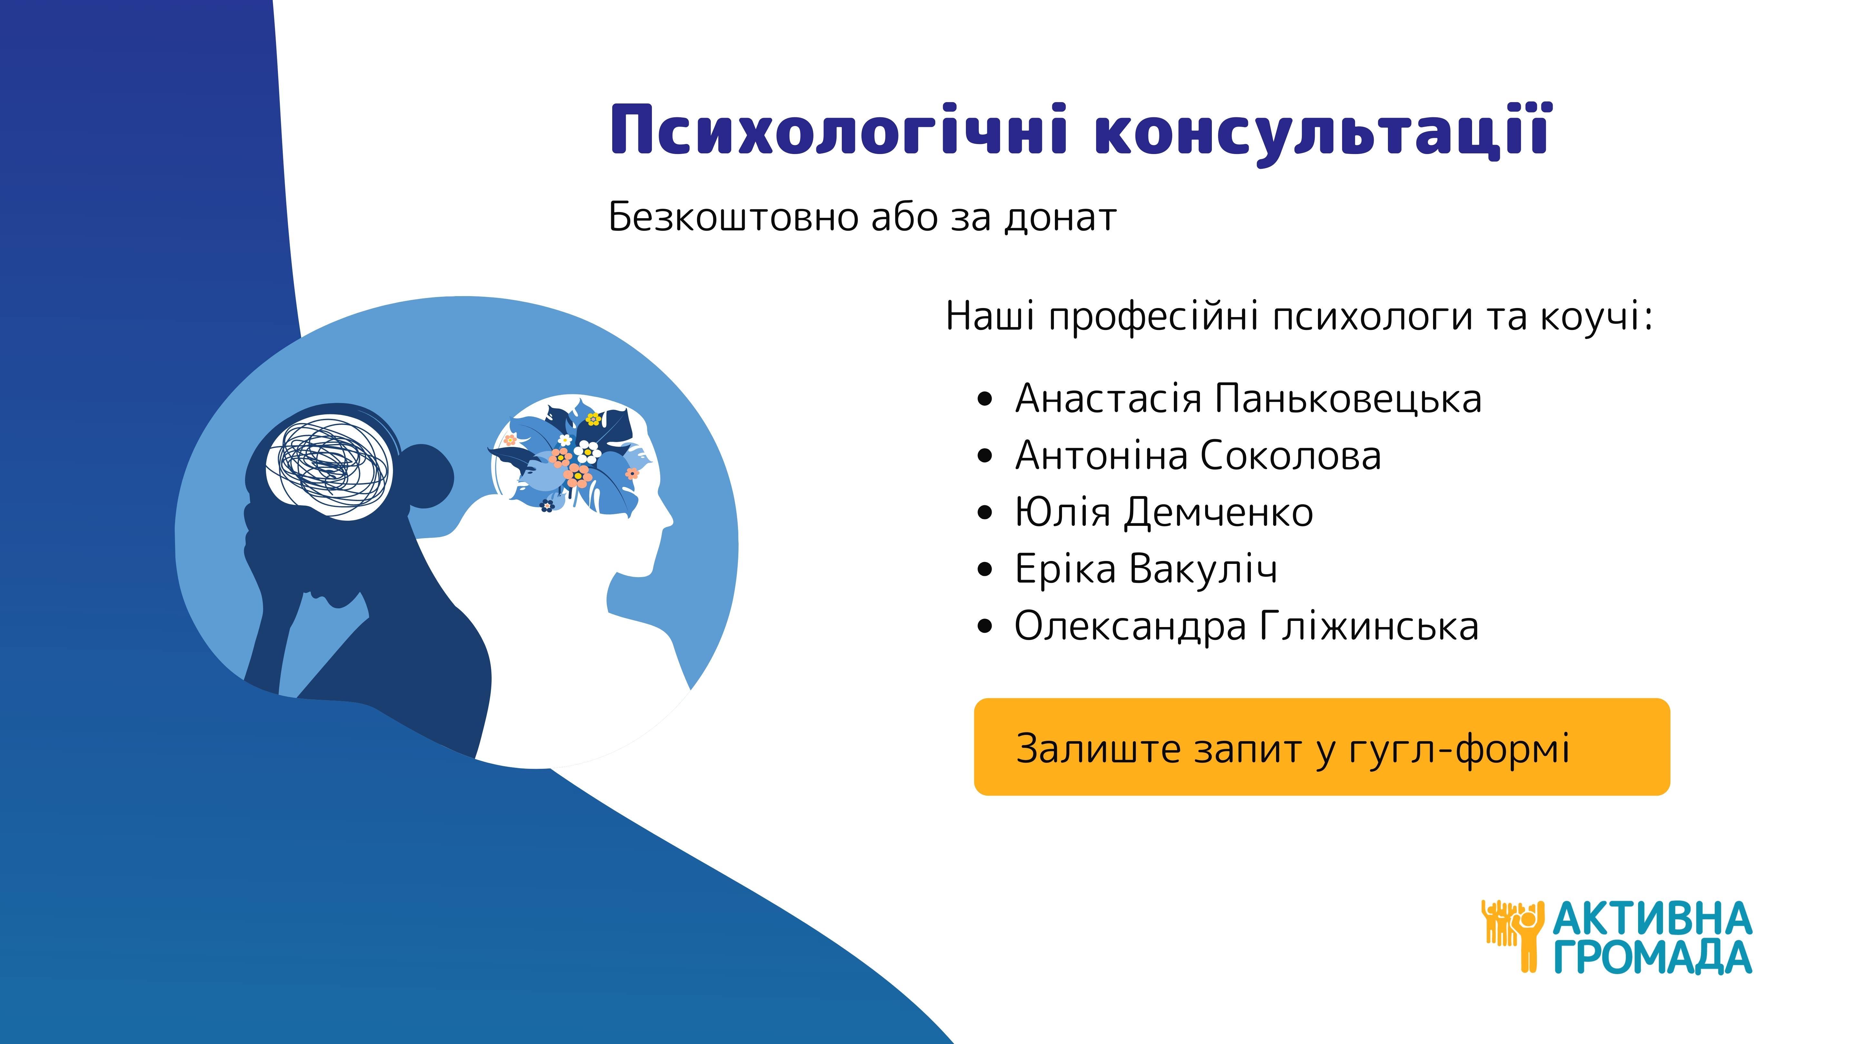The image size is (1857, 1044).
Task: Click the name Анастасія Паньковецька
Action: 1248,399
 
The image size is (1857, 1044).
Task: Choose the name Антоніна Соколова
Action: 1198,455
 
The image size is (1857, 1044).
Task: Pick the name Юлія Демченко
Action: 1164,512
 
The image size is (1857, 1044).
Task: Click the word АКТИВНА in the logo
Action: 1652,919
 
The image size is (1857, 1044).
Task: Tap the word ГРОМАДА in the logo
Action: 1652,957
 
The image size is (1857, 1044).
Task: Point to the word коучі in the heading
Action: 1596,317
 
